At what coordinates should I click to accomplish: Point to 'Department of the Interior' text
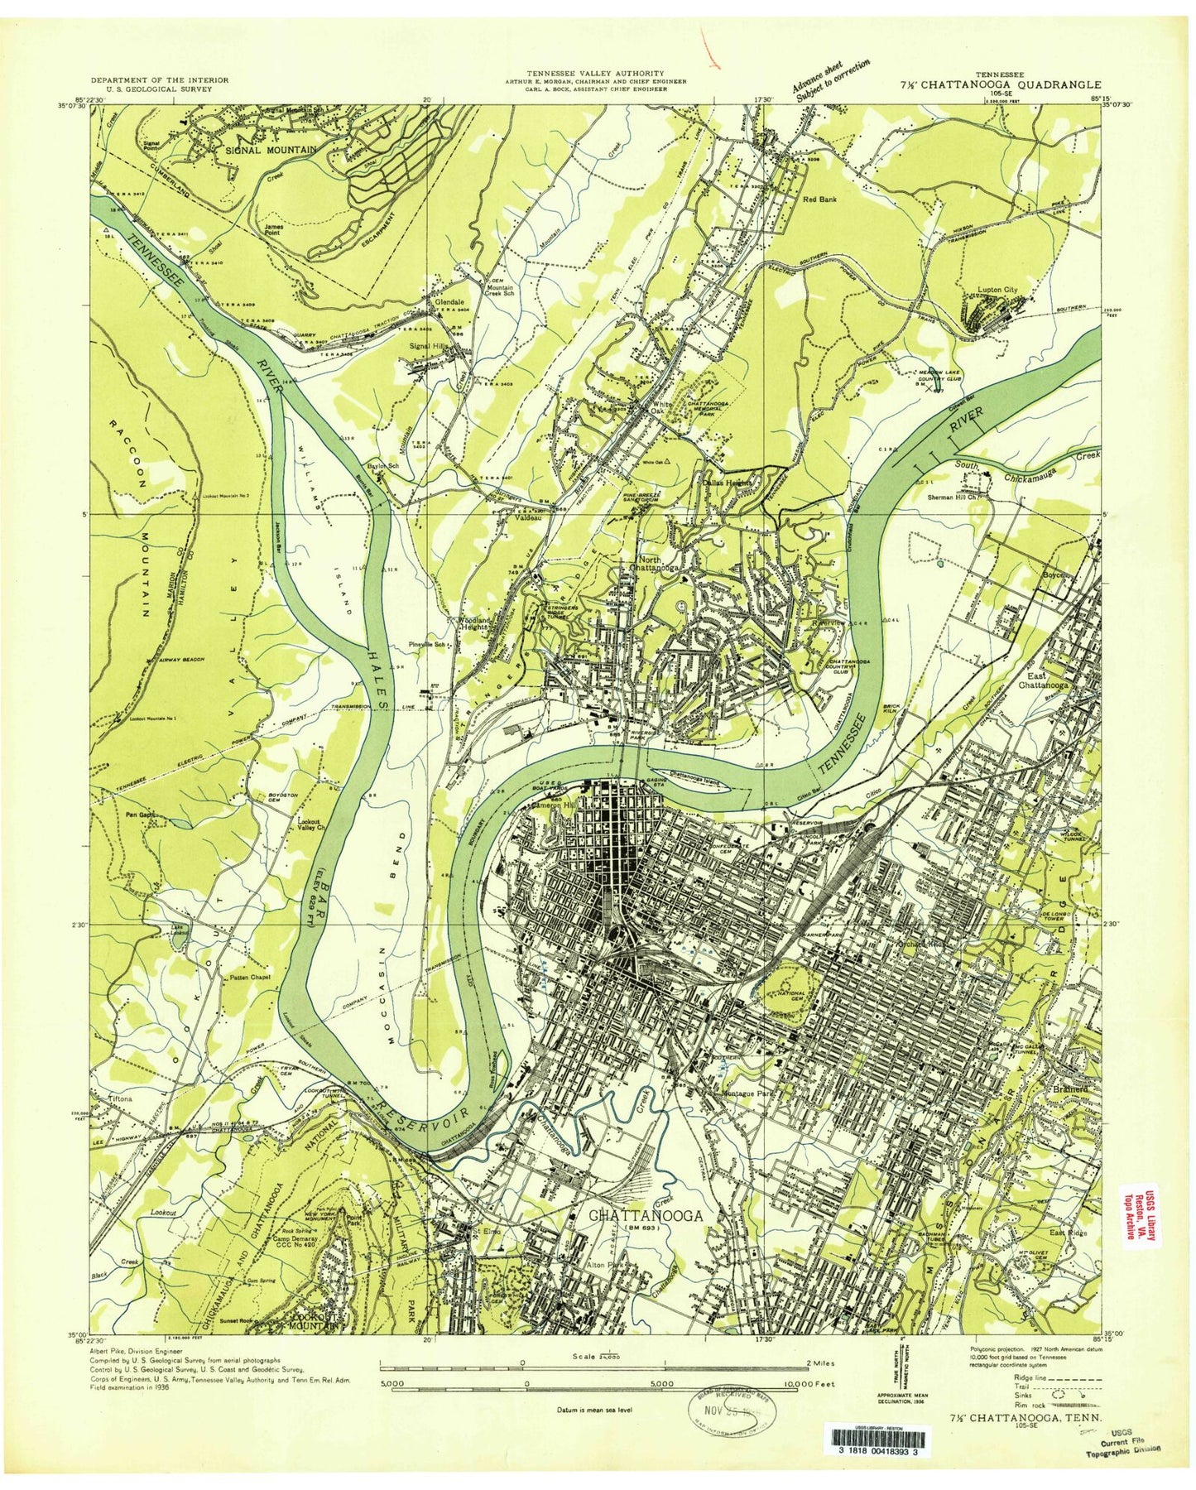click(160, 80)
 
